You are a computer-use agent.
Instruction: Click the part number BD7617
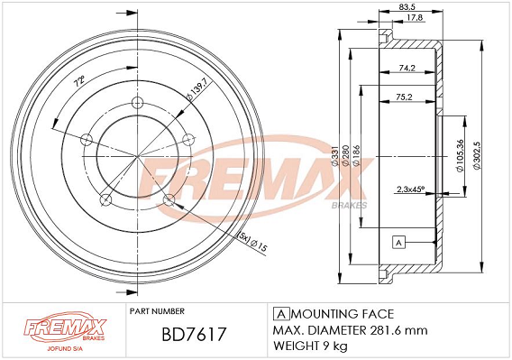click(x=194, y=334)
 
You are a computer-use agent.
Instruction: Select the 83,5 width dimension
click(x=407, y=6)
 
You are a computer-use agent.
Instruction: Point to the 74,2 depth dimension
click(x=407, y=68)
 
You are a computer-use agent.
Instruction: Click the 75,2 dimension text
click(x=405, y=97)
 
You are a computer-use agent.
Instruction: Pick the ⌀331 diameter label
click(x=335, y=157)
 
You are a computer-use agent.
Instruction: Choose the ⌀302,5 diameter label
click(x=478, y=155)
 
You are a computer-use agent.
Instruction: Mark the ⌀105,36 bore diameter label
click(x=460, y=156)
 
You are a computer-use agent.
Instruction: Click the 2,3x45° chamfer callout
click(x=410, y=189)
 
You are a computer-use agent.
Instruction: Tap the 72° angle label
click(x=79, y=81)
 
